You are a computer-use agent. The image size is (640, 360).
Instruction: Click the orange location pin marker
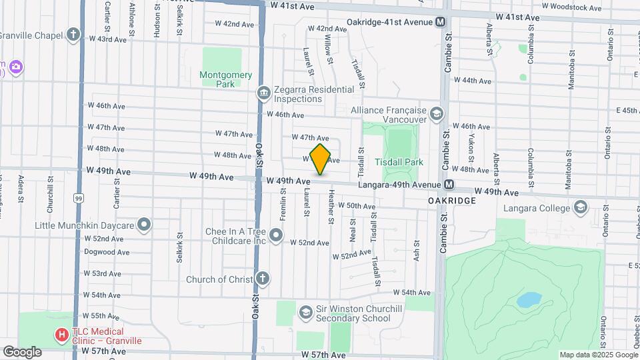pyautogui.click(x=321, y=159)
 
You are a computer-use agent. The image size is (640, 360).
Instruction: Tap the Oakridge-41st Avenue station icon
pyautogui.click(x=441, y=22)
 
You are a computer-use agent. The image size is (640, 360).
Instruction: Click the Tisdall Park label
pyautogui.click(x=400, y=162)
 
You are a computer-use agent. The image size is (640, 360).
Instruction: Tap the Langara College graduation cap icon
pyautogui.click(x=581, y=207)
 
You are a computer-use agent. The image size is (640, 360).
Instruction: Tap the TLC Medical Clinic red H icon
pyautogui.click(x=62, y=335)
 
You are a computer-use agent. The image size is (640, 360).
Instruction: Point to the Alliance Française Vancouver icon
pyautogui.click(x=436, y=114)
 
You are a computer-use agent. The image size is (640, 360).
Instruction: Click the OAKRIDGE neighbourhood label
pyautogui.click(x=452, y=200)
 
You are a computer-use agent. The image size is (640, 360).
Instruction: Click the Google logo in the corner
pyautogui.click(x=22, y=351)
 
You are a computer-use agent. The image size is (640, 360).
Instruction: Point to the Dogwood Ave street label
pyautogui.click(x=107, y=252)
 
